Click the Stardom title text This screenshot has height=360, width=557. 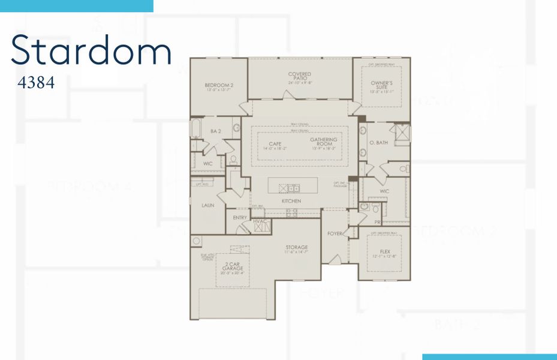(x=91, y=50)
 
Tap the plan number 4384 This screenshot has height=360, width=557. (x=37, y=83)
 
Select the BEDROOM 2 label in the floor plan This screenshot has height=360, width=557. (x=218, y=86)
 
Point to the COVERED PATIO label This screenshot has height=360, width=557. (x=300, y=76)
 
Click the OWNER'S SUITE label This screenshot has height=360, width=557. (x=381, y=85)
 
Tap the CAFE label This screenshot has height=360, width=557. (x=275, y=144)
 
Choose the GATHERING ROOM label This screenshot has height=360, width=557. (x=324, y=142)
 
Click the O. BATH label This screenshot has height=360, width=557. (x=379, y=142)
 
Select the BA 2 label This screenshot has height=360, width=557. (x=216, y=131)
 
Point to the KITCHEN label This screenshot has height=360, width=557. (x=291, y=201)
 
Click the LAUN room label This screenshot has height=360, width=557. (x=208, y=205)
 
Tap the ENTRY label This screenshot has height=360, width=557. (x=240, y=217)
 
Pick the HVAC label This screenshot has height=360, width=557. (x=260, y=221)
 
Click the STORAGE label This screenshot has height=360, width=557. (x=296, y=247)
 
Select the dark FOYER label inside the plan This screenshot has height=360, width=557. (x=334, y=233)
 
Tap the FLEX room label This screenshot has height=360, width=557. (x=385, y=252)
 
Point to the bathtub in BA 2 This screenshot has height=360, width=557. (x=196, y=129)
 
